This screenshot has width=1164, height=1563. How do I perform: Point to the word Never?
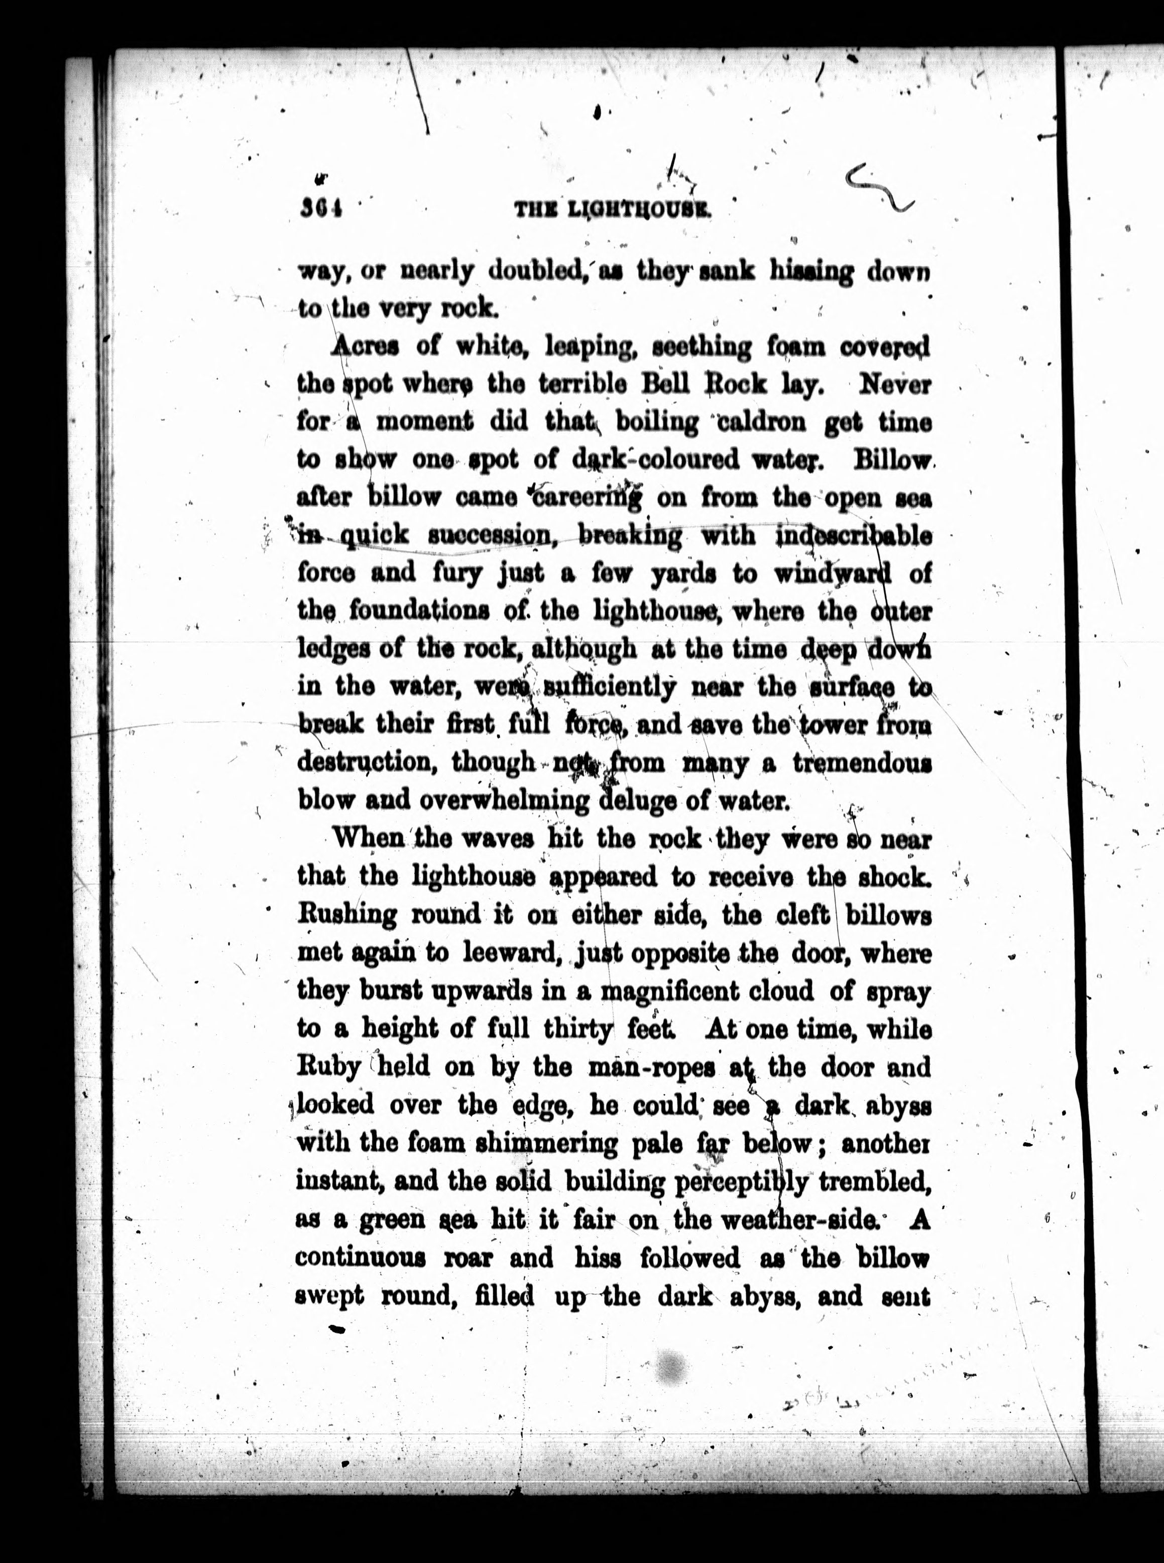tap(895, 385)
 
